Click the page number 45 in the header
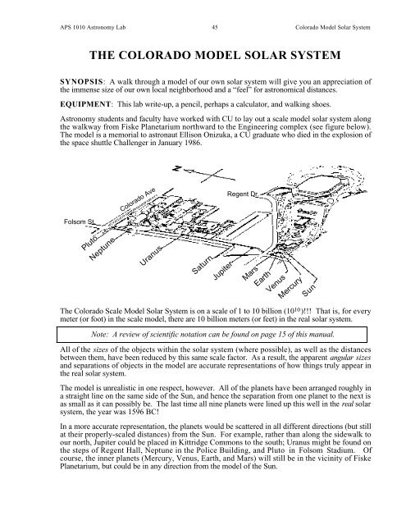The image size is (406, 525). [215, 27]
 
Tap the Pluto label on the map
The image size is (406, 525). [89, 243]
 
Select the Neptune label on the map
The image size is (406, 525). [103, 249]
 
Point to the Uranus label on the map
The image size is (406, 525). [151, 255]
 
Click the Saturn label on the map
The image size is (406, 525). [202, 265]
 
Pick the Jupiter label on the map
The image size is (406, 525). [222, 271]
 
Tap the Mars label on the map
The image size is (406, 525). [250, 273]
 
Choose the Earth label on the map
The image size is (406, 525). [262, 279]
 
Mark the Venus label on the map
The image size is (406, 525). [276, 283]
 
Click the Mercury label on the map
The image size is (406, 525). [290, 287]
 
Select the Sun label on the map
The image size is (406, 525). [308, 290]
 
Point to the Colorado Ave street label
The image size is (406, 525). [138, 199]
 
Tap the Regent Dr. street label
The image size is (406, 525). [242, 194]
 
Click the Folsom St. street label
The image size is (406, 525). [80, 221]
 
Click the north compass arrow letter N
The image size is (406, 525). [176, 168]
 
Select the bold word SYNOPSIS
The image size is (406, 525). [81, 82]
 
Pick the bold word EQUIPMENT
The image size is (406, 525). [85, 104]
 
